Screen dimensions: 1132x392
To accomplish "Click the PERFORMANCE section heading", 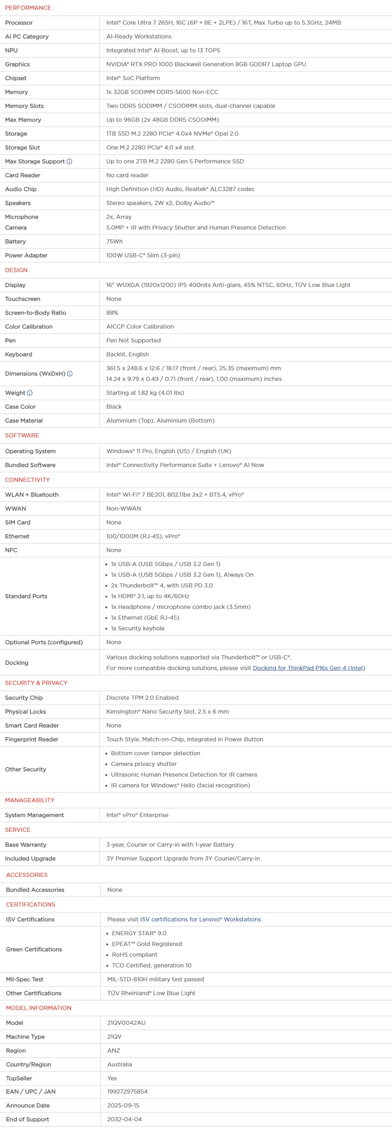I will click(x=28, y=8).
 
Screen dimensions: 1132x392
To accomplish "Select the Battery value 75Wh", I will click(x=114, y=241).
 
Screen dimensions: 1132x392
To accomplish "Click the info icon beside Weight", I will click(x=29, y=393).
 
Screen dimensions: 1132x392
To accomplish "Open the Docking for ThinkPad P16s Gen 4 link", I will click(x=308, y=668).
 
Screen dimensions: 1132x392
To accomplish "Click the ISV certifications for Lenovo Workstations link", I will click(x=200, y=919).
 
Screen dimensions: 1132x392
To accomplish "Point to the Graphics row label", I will click(x=18, y=64).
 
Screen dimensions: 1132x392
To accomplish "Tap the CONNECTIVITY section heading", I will click(x=27, y=480).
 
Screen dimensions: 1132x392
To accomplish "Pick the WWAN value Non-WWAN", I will click(x=123, y=508).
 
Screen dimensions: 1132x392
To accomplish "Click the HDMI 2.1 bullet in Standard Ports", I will click(x=150, y=596).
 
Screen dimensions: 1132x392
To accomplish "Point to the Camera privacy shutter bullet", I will click(x=144, y=764).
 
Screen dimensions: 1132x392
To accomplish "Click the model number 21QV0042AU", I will click(x=126, y=1023).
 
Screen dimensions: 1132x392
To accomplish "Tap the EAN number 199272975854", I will click(x=127, y=1091).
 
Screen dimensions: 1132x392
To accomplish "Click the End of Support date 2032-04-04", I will click(x=124, y=1119).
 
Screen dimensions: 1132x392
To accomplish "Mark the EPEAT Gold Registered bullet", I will click(x=147, y=944).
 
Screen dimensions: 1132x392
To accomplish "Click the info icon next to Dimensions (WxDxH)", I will click(x=70, y=373).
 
